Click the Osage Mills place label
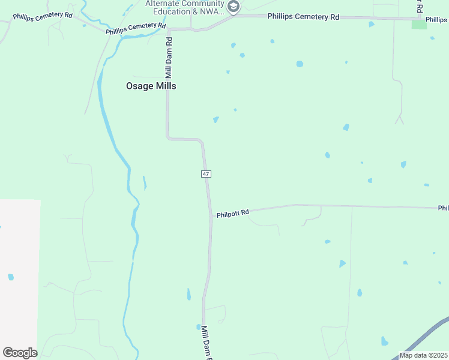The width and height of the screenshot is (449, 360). pos(151,86)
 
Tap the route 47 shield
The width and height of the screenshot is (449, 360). pos(205,173)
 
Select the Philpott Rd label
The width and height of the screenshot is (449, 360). pos(232,213)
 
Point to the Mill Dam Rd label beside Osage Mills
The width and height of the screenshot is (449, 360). pos(169,58)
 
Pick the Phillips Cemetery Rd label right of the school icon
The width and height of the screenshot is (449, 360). pos(303,17)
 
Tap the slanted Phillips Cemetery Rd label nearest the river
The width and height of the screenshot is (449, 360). pos(135,28)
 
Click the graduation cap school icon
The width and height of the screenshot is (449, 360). pos(234,7)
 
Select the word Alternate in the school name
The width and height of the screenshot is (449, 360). pos(166,3)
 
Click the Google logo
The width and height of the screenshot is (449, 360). pos(20,353)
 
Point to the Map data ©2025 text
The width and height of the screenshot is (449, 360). pos(423,355)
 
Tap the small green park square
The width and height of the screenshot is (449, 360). pos(419,24)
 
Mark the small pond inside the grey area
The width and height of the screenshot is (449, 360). pos(11,277)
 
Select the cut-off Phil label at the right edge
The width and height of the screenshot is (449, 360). pos(443,208)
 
